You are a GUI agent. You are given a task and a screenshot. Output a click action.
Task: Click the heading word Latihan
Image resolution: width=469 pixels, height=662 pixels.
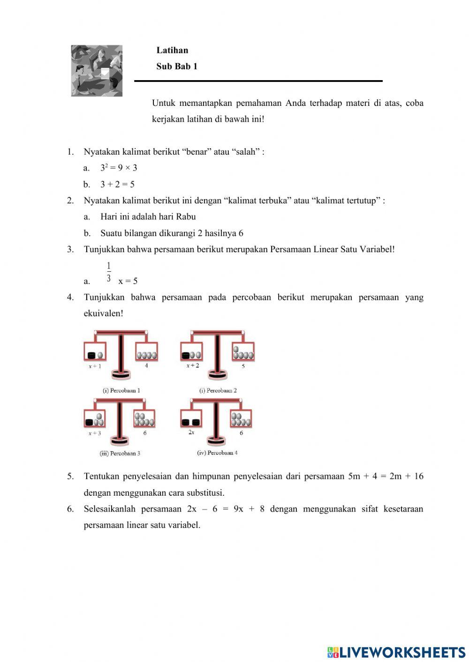coord(172,50)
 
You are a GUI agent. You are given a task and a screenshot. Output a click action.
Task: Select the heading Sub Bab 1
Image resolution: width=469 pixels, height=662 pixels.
coord(176,67)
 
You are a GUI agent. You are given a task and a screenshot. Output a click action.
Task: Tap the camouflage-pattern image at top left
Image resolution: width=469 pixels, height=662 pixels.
coord(97,71)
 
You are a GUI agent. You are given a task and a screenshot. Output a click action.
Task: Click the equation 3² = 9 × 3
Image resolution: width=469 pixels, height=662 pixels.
coord(119,168)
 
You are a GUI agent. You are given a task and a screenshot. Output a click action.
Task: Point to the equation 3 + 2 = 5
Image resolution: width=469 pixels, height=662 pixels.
coord(117,184)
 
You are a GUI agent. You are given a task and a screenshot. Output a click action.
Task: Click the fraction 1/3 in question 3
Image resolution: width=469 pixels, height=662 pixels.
coord(109,272)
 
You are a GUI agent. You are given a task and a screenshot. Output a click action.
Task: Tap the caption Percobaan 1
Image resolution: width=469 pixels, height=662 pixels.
coord(121,390)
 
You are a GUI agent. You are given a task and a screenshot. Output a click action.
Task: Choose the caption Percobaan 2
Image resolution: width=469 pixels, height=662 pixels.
coord(218,390)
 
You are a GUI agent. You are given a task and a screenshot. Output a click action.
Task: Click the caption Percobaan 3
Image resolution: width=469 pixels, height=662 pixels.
coord(120,453)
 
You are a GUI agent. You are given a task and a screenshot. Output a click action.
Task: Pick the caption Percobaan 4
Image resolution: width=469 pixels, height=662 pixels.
coord(217,453)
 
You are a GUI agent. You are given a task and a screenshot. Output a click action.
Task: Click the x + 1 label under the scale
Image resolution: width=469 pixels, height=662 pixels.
coord(95,366)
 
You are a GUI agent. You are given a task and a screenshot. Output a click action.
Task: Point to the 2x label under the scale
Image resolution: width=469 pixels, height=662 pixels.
coord(191,432)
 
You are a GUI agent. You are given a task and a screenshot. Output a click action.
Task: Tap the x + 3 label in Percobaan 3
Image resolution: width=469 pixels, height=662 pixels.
coord(95,433)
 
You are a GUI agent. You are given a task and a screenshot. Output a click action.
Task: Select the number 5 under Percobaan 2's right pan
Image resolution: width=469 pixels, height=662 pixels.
coord(243,366)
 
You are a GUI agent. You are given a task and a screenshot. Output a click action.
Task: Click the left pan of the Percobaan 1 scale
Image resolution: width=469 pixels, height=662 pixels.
coord(95,352)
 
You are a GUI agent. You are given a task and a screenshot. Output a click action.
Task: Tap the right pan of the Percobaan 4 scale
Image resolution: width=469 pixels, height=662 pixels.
coord(241,419)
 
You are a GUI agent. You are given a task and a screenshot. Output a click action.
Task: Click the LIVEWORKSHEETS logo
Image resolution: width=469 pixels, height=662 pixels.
coord(396,652)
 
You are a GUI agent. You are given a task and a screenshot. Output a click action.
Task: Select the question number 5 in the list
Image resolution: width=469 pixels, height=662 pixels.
coord(70,476)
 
